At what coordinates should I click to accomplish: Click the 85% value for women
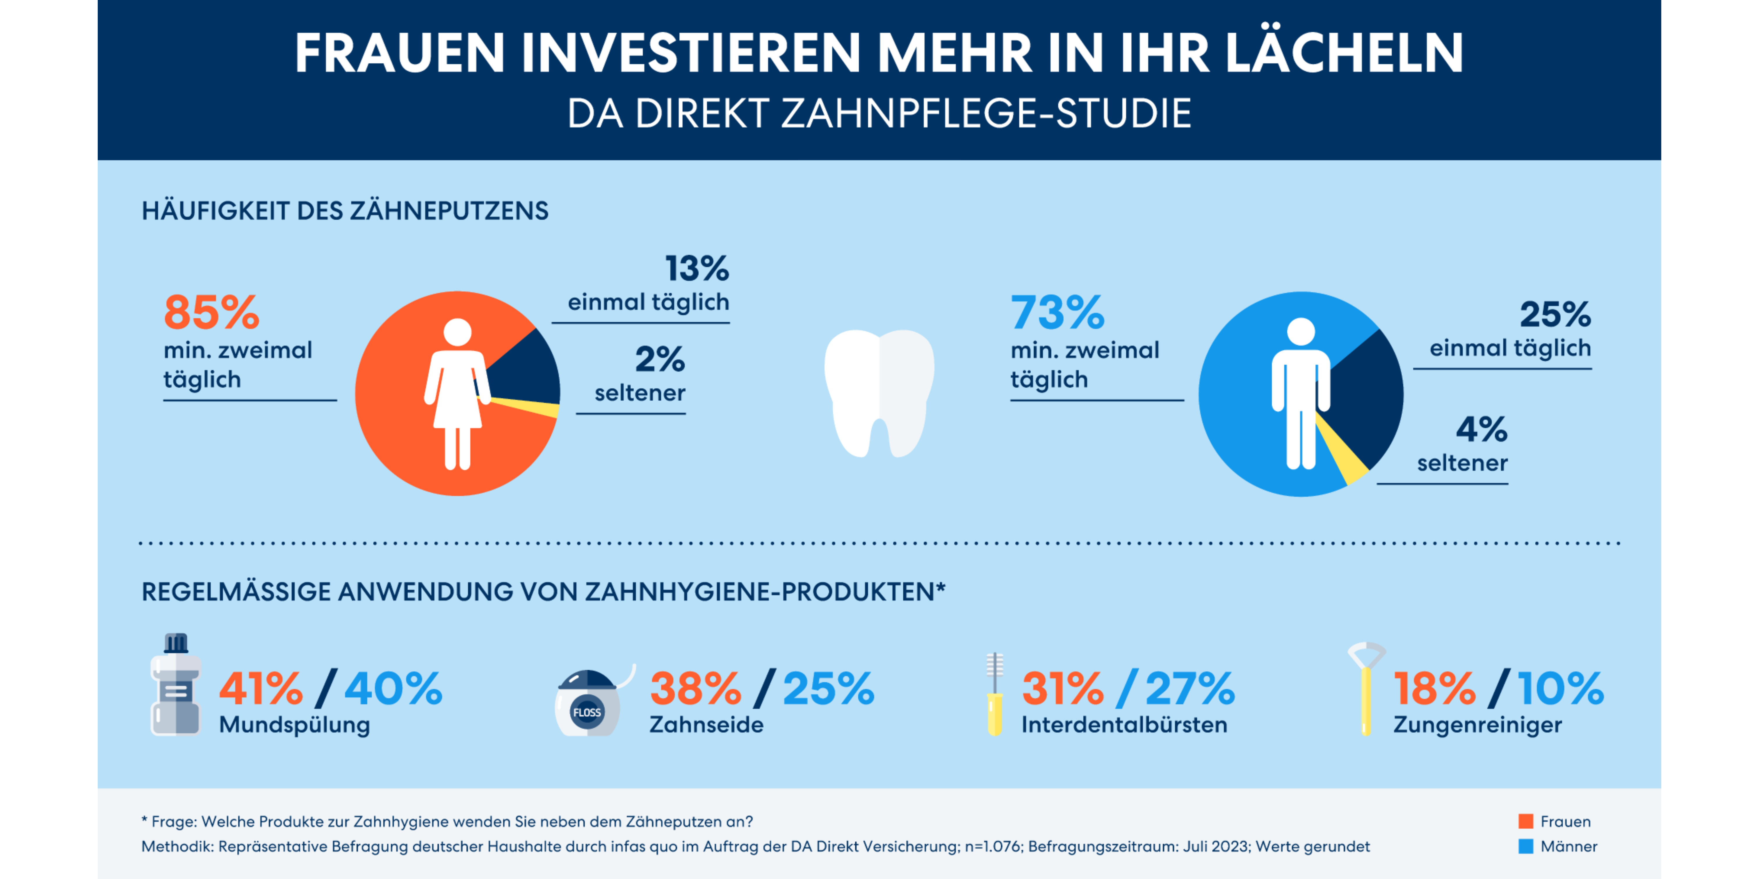click(212, 312)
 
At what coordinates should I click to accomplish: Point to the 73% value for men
click(1057, 312)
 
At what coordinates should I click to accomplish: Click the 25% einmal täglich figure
click(1555, 315)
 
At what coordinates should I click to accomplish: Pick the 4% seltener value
click(1481, 429)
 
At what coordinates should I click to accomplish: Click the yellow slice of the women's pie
click(540, 408)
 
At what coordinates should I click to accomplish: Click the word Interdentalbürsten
click(1124, 725)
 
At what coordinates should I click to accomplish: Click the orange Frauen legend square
click(1525, 821)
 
